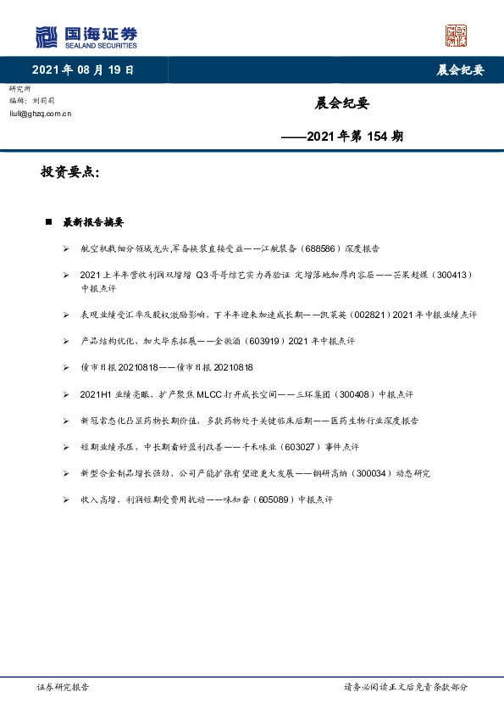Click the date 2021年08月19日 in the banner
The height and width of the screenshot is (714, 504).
point(82,70)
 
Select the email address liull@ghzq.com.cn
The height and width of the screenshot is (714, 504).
point(40,112)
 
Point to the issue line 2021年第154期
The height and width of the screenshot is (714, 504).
point(342,135)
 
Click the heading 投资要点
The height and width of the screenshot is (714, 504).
point(70,172)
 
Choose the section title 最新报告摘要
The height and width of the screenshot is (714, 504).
point(93,222)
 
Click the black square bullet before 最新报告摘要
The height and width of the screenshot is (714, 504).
point(48,222)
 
